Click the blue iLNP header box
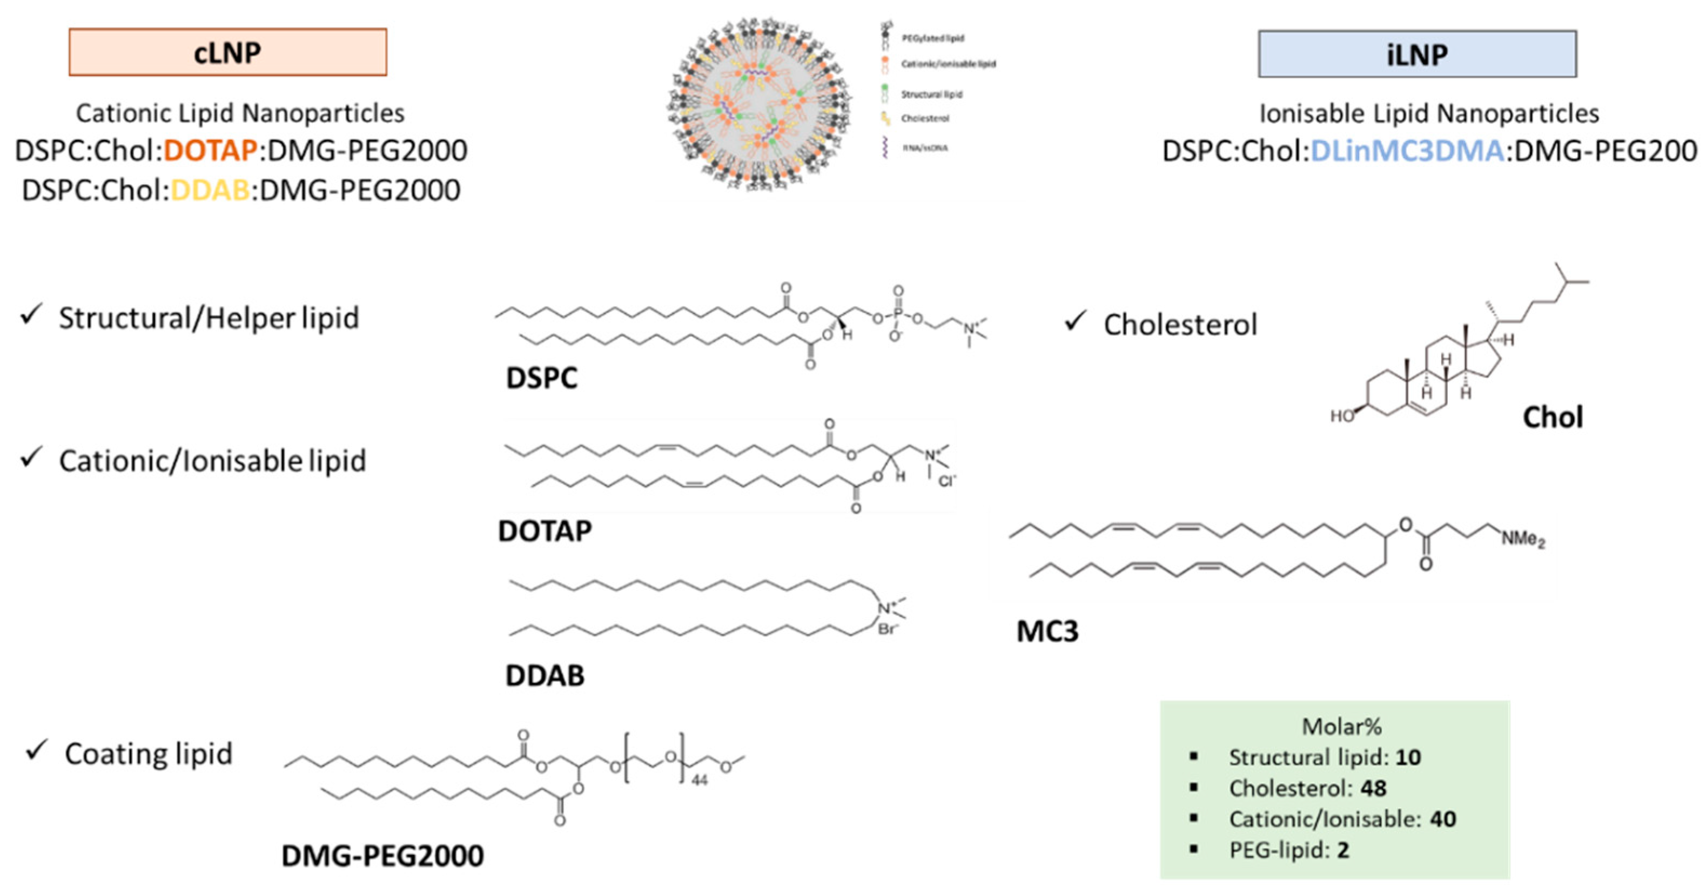tap(1416, 53)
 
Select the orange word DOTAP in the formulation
tap(210, 151)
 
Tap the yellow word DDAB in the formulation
tap(210, 191)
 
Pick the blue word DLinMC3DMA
tap(1407, 151)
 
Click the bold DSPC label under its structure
tap(541, 378)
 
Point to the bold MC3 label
tap(1047, 631)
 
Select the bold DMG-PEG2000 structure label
tap(382, 856)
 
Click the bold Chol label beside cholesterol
tap(1553, 417)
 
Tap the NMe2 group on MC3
tap(1522, 539)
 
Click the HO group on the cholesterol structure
tap(1342, 416)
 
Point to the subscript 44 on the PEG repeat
tap(700, 781)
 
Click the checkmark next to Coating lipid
tap(36, 751)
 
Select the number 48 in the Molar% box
tap(1374, 788)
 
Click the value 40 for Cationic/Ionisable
tap(1442, 819)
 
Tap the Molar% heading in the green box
tap(1342, 727)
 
